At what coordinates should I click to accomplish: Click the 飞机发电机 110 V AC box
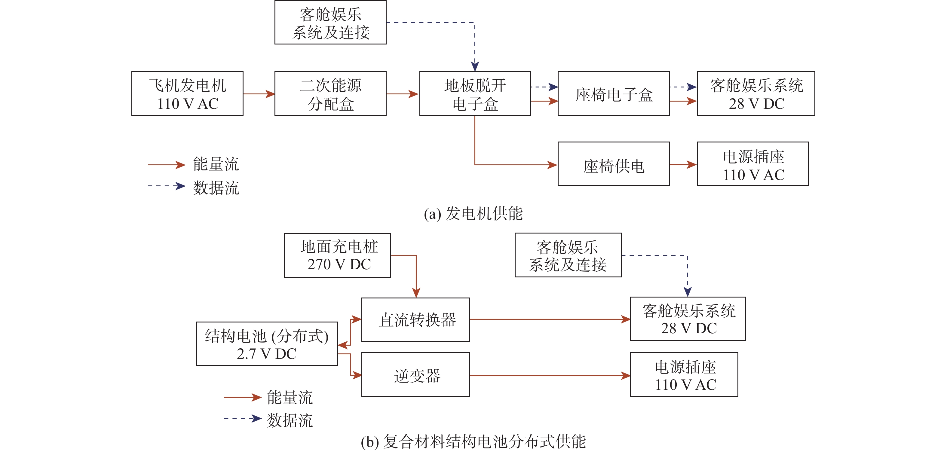point(188,94)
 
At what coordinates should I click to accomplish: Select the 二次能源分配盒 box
point(330,94)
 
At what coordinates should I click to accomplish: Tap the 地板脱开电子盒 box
point(475,94)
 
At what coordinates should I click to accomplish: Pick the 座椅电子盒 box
point(613,94)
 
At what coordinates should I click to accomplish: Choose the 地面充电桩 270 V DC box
point(338,255)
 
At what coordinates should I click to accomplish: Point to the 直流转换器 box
point(415,320)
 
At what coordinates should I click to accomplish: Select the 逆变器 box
point(415,374)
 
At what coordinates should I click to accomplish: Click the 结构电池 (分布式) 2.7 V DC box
point(267,344)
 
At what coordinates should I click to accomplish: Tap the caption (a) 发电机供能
point(473,213)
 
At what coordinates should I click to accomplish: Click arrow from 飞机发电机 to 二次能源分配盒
point(259,94)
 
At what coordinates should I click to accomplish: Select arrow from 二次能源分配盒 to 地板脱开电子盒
point(403,94)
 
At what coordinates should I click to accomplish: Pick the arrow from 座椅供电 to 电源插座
point(683,165)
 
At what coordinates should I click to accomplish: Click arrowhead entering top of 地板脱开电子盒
point(475,66)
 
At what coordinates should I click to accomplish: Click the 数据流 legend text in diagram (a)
point(216,188)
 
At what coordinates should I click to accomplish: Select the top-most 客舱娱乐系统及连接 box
point(330,23)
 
